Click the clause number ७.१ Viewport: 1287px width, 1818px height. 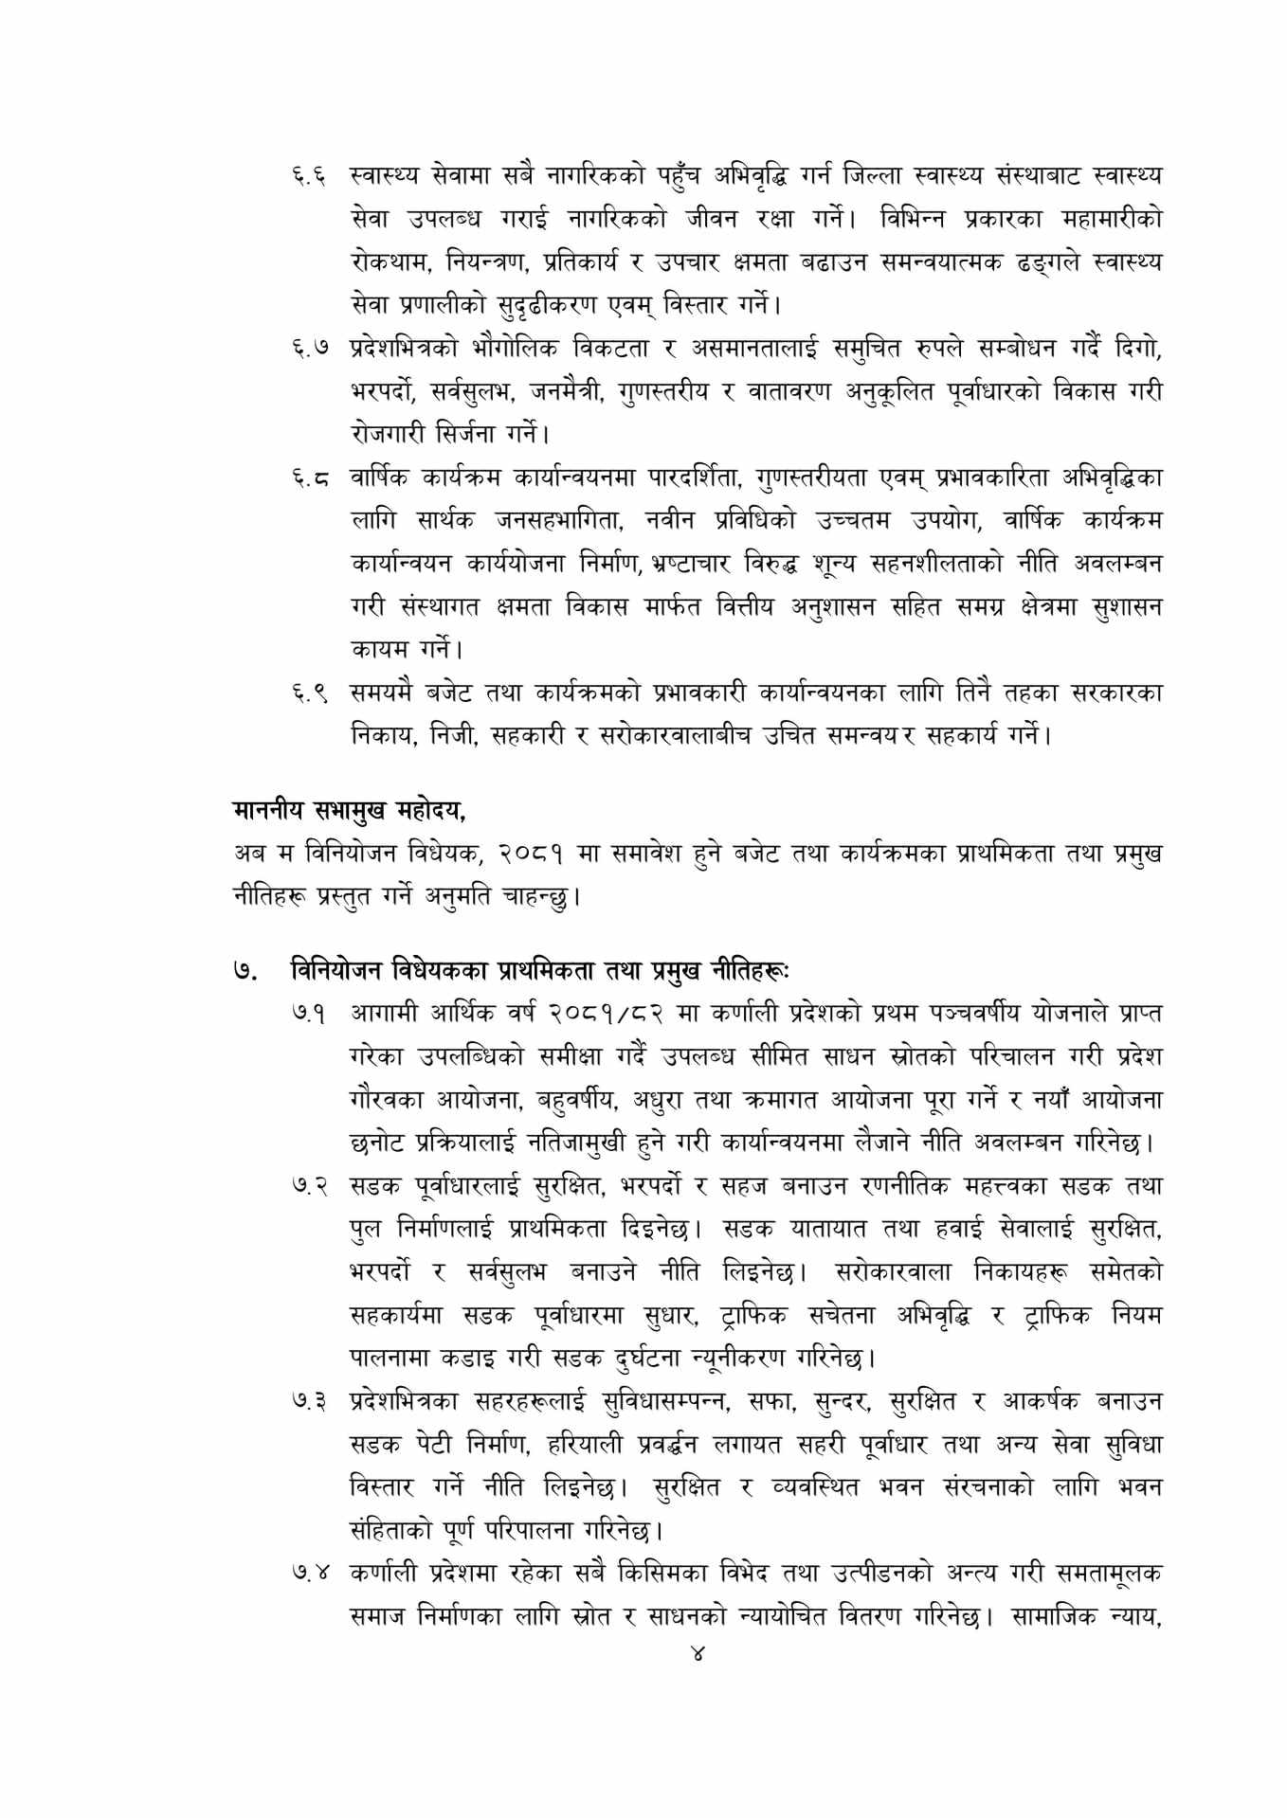coord(309,1013)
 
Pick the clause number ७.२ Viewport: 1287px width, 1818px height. coord(309,1186)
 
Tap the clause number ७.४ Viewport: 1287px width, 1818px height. coord(309,1574)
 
